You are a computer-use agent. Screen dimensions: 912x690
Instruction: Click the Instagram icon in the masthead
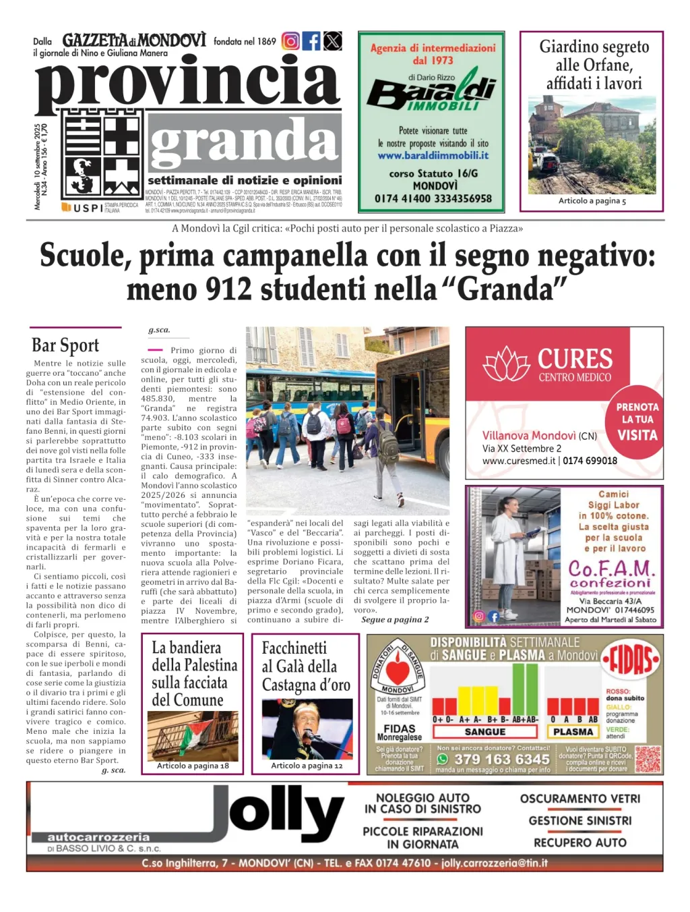[x=290, y=41]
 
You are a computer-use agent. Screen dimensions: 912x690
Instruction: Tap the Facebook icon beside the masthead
[x=311, y=41]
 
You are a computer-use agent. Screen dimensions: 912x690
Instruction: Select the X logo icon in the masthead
[x=332, y=41]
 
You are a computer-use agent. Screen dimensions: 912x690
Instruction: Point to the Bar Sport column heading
[x=65, y=345]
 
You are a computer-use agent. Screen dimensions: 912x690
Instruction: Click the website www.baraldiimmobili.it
[x=433, y=155]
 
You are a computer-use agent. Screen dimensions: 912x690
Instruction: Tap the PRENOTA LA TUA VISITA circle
[x=637, y=422]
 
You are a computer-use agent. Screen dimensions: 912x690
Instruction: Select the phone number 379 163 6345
[x=501, y=760]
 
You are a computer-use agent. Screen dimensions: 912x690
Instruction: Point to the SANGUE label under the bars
[x=484, y=731]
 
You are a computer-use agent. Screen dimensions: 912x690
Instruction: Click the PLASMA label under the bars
[x=573, y=731]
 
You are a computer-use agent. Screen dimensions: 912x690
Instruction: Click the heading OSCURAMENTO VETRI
[x=580, y=799]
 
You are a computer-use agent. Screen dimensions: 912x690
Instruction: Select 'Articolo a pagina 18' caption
[x=193, y=766]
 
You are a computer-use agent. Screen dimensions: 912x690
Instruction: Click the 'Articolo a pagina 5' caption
[x=592, y=200]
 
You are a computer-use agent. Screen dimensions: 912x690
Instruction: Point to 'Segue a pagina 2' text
[x=395, y=619]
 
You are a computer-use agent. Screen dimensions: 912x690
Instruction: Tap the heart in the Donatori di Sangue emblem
[x=398, y=671]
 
